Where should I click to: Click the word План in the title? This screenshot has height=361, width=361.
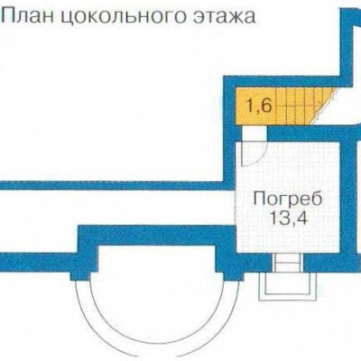(29, 15)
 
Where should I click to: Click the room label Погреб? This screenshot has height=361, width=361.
(287, 200)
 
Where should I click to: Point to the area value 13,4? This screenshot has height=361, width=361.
(288, 218)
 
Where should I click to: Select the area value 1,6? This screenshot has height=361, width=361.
(259, 106)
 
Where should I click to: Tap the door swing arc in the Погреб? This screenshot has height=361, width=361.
(259, 156)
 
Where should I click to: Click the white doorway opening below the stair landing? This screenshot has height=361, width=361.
(255, 133)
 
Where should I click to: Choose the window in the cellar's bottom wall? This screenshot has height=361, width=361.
(287, 263)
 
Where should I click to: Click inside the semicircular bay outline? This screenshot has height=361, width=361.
(156, 301)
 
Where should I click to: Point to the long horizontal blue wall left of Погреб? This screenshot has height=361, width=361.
(112, 185)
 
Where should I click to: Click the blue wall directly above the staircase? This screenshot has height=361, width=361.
(284, 81)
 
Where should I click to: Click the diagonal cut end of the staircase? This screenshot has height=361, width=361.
(324, 106)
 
